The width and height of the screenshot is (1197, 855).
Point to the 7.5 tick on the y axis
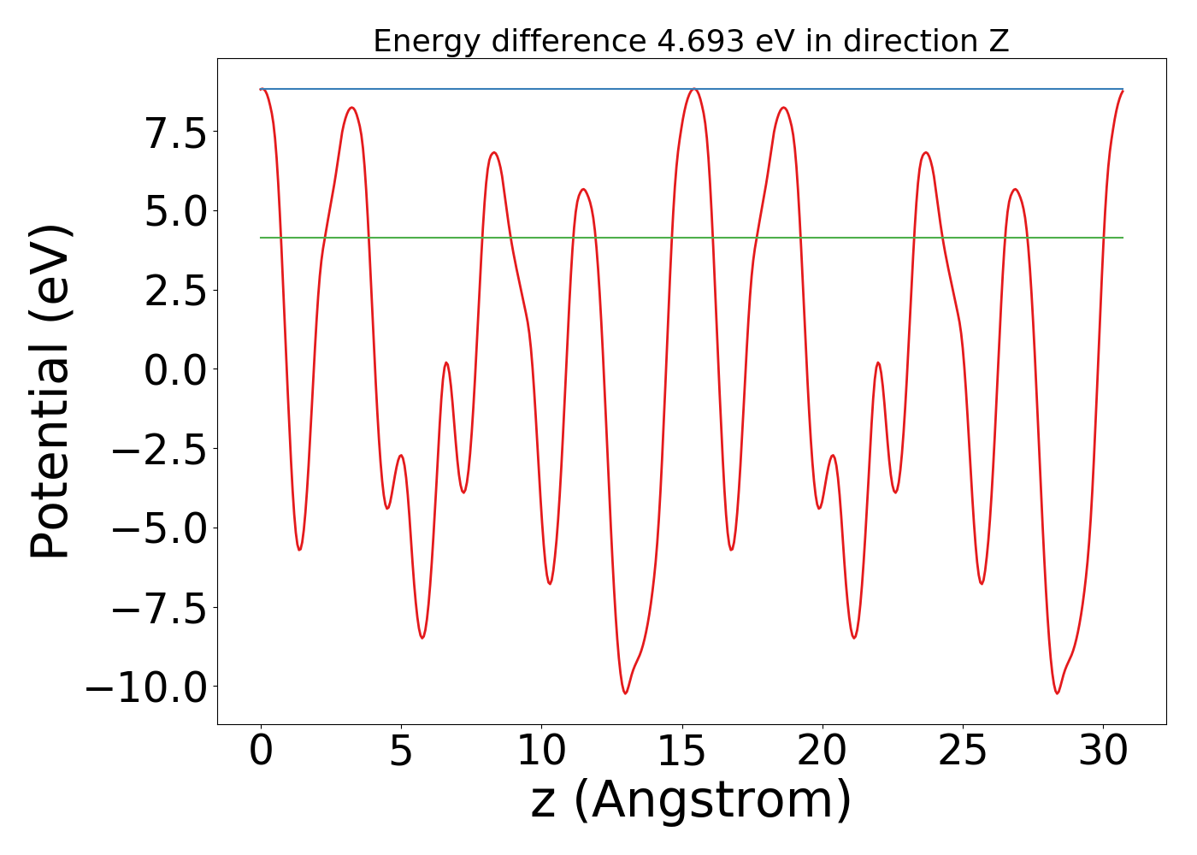pos(175,132)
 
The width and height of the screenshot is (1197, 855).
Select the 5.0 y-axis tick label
pos(175,211)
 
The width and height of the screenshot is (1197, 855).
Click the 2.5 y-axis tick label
pos(175,291)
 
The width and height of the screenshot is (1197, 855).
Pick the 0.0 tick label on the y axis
pos(175,369)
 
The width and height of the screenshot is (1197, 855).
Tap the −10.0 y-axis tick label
pos(146,687)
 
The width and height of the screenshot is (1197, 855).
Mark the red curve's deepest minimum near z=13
pos(625,693)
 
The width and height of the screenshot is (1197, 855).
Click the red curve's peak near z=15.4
pos(694,89)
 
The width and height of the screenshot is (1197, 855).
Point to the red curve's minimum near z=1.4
pos(299,549)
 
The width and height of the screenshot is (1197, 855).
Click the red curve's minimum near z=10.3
pos(550,583)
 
